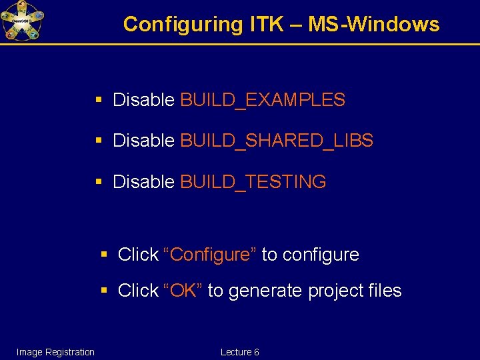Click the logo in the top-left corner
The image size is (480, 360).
point(22,21)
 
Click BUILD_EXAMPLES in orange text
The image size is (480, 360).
point(263,101)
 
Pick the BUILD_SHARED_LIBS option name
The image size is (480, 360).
point(277,141)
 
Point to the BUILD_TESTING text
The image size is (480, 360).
point(253,182)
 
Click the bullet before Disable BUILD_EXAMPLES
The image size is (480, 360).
point(99,100)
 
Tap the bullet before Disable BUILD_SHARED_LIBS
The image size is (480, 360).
point(99,141)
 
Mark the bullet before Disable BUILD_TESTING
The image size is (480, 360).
point(99,181)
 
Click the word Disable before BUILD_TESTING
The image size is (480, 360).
point(144,182)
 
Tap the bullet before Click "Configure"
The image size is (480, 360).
point(103,254)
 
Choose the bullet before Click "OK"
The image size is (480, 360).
point(103,290)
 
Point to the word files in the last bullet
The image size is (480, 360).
point(385,291)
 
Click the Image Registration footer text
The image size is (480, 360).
point(55,352)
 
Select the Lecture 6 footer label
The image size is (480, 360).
point(239,352)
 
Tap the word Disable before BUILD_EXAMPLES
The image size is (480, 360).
point(144,101)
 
